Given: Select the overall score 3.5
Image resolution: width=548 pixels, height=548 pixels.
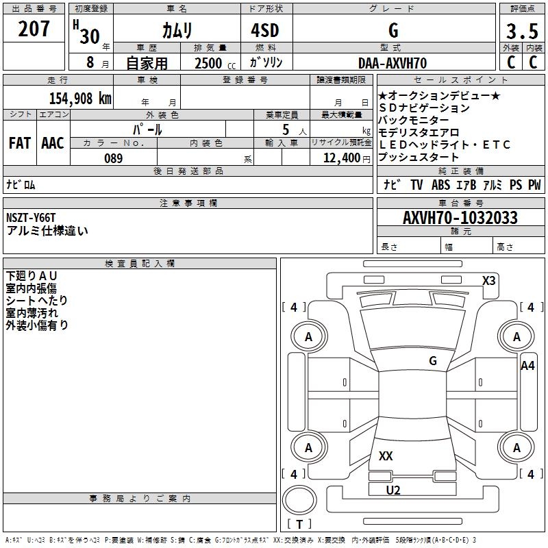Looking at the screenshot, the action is [522, 32].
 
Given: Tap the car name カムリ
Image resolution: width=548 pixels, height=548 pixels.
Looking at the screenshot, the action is [177, 30].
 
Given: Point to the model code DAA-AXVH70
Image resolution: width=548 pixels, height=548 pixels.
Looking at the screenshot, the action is [393, 63].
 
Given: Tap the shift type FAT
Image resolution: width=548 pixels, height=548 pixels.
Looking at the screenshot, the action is [20, 143].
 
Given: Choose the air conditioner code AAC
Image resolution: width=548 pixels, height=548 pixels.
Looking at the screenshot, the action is [53, 143].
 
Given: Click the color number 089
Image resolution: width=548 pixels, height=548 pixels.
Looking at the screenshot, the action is [114, 158].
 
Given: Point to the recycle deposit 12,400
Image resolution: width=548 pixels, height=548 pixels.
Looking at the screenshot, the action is [340, 158].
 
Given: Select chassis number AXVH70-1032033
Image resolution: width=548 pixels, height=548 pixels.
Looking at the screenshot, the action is [460, 218].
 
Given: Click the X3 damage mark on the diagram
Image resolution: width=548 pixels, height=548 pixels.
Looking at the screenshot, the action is [488, 280].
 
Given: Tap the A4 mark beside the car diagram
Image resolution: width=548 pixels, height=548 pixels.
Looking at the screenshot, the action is [527, 366].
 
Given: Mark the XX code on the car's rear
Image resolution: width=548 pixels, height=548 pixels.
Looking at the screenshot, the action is [386, 456].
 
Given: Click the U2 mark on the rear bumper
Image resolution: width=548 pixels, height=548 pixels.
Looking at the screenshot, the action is [393, 490].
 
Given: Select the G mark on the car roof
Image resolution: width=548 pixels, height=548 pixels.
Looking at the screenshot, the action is [432, 361].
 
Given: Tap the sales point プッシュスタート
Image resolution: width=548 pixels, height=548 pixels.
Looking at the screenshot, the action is [419, 158].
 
